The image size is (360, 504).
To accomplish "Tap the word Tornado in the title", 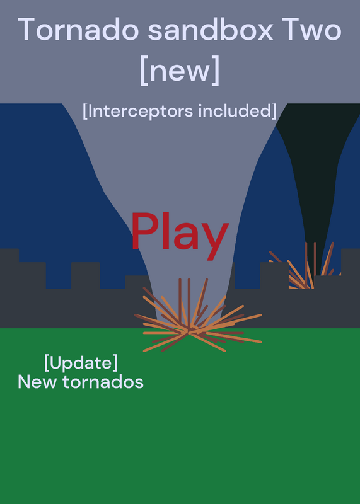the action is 79,30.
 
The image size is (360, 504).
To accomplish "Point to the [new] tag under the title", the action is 180,71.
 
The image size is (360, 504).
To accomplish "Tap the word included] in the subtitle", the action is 238,111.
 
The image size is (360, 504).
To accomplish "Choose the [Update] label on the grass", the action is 81,363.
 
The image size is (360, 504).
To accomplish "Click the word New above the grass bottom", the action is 37,382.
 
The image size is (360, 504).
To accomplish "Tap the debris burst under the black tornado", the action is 303,266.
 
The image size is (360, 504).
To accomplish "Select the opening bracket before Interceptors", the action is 84,112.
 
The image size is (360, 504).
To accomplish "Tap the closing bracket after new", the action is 216,71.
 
